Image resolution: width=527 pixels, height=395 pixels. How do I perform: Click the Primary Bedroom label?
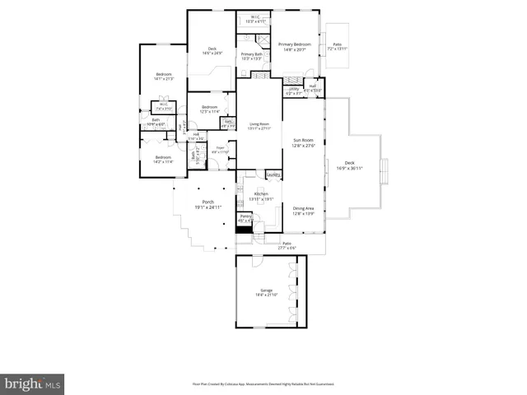click(x=294, y=46)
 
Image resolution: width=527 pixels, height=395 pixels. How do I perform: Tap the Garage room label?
click(x=267, y=292)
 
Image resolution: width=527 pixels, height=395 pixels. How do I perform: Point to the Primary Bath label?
click(x=251, y=57)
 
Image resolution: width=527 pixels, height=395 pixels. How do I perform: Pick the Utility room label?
click(x=294, y=91)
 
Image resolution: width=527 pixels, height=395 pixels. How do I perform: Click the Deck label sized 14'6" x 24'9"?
click(x=212, y=52)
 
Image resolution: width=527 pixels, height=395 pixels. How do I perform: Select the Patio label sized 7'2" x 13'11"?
click(x=338, y=47)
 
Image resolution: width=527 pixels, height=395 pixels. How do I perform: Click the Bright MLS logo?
click(x=34, y=383)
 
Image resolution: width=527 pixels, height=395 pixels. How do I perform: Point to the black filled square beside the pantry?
click(x=244, y=230)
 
